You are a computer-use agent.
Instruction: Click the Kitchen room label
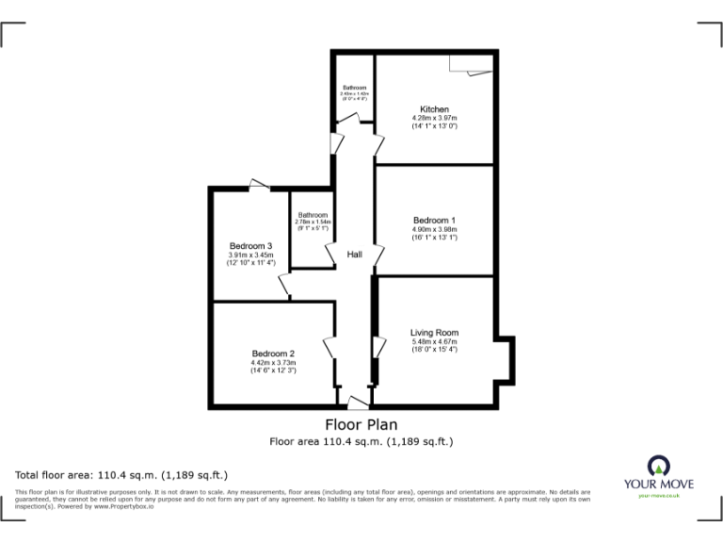click(434, 108)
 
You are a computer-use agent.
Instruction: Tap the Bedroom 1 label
click(434, 221)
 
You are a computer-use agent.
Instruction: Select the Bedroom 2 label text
click(273, 354)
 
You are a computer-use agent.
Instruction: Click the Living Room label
click(434, 332)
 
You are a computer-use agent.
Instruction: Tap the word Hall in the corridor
click(355, 255)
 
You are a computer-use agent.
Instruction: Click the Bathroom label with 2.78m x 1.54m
click(313, 215)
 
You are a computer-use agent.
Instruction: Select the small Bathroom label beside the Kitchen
click(355, 88)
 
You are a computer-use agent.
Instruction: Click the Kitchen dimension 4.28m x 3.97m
click(434, 117)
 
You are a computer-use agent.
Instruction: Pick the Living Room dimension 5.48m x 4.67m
click(434, 341)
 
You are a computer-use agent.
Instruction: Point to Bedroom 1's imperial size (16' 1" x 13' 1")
click(434, 238)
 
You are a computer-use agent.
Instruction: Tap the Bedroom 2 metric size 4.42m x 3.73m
click(273, 362)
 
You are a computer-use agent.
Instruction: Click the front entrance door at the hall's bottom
click(356, 403)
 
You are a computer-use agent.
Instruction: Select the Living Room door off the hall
click(378, 346)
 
